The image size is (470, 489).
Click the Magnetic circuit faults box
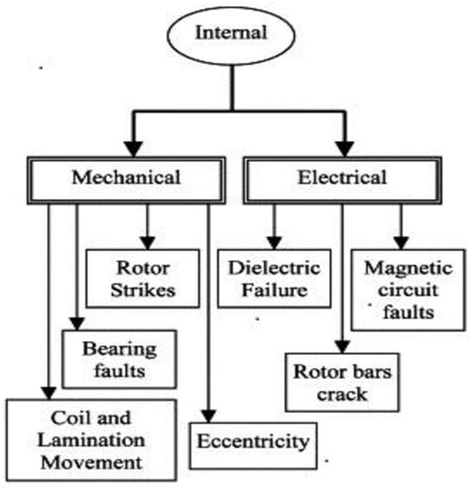[x=399, y=290]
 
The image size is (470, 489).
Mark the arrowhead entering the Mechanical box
[x=126, y=155]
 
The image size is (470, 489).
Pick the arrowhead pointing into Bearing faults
[x=75, y=323]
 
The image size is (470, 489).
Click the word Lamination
[x=90, y=441]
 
